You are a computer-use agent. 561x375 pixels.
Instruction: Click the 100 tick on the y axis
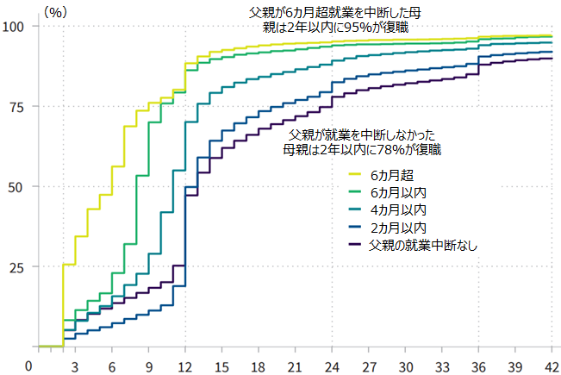tap(15, 26)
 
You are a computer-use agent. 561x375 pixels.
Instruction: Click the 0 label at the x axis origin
tap(32, 366)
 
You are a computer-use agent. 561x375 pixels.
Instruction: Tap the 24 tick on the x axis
tap(332, 366)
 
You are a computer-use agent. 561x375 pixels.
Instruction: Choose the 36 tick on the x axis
tap(479, 366)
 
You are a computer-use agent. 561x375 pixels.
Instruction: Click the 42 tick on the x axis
tap(552, 366)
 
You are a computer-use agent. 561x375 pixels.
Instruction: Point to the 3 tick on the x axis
tap(76, 366)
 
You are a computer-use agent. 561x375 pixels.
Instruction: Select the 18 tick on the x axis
tap(259, 366)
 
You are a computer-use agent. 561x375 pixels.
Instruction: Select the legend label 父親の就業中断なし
tap(423, 246)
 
